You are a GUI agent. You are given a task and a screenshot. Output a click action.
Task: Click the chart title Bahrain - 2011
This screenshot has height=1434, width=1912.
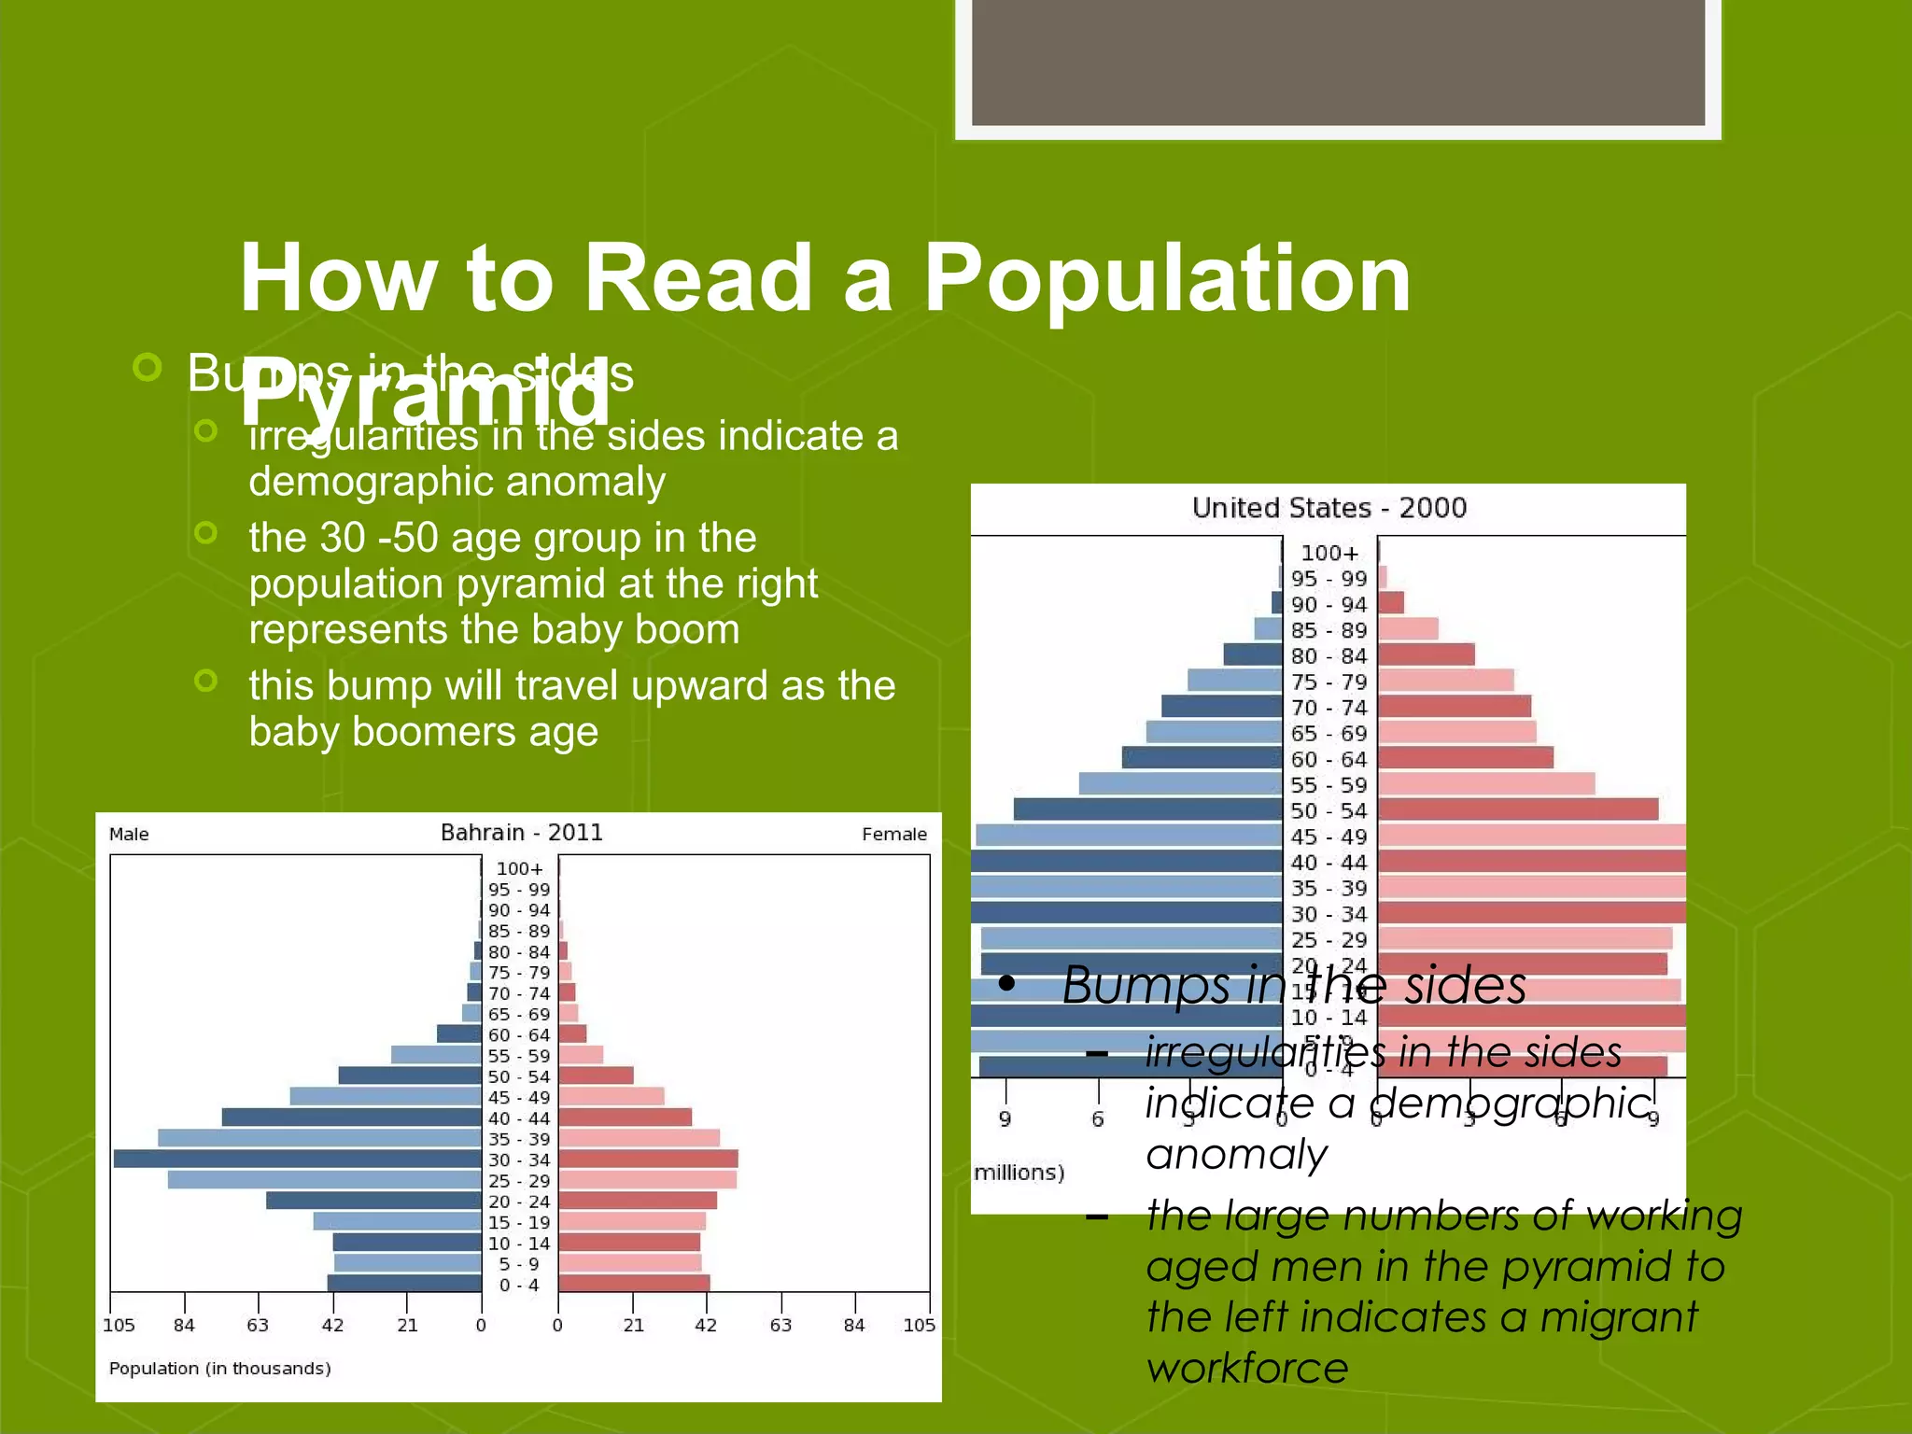(521, 833)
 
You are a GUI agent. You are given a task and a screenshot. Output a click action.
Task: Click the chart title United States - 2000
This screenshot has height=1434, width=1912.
(1329, 508)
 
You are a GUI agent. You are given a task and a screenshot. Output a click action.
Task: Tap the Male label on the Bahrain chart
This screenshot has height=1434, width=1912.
(129, 835)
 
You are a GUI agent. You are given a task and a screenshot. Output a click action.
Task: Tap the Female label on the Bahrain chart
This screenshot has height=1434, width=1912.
(893, 835)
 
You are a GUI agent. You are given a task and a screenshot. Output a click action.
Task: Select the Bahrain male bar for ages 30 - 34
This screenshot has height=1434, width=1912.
(297, 1159)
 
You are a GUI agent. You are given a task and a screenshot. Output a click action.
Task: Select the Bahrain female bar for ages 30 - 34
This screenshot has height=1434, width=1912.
(648, 1159)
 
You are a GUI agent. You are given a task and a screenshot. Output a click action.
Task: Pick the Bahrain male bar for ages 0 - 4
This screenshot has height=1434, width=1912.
(404, 1284)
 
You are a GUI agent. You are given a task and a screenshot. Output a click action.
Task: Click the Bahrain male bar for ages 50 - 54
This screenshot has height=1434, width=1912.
(409, 1075)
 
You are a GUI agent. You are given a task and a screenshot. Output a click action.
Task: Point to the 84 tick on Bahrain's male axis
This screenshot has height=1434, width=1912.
(184, 1325)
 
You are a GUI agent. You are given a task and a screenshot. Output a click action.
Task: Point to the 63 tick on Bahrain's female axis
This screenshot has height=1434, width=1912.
(780, 1325)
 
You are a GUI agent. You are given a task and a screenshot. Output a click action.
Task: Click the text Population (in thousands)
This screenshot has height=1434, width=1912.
(220, 1369)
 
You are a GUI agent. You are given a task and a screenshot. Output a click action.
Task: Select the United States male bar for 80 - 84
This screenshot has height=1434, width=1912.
(1253, 655)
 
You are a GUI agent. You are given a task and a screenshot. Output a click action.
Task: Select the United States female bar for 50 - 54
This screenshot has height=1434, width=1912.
(1518, 809)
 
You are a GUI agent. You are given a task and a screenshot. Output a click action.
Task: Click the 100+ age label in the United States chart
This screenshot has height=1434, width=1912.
(1329, 554)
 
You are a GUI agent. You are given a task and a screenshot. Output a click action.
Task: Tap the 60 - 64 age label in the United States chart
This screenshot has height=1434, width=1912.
(1329, 760)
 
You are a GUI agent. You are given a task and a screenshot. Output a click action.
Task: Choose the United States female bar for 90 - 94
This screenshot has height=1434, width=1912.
(1391, 603)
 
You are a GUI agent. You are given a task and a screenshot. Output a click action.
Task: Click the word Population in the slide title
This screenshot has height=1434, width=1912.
(1167, 278)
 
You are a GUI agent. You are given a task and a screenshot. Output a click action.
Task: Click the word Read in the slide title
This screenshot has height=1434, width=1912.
(698, 278)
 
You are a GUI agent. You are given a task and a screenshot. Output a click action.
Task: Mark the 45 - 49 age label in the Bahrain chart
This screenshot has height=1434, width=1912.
(519, 1097)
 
